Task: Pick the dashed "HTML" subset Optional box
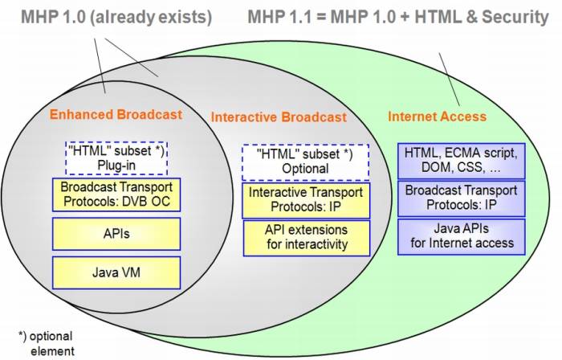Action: point(305,161)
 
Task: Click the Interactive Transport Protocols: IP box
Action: point(305,200)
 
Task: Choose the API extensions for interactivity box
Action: point(305,237)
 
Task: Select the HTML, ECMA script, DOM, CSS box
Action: point(461,160)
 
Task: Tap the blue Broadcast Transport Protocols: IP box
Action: point(461,198)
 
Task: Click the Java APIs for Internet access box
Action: point(461,236)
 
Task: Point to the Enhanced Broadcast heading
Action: point(116,114)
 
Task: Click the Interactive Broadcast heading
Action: point(279,117)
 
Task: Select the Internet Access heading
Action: point(437,116)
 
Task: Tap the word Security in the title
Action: point(515,17)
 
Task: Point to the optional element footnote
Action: point(45,342)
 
